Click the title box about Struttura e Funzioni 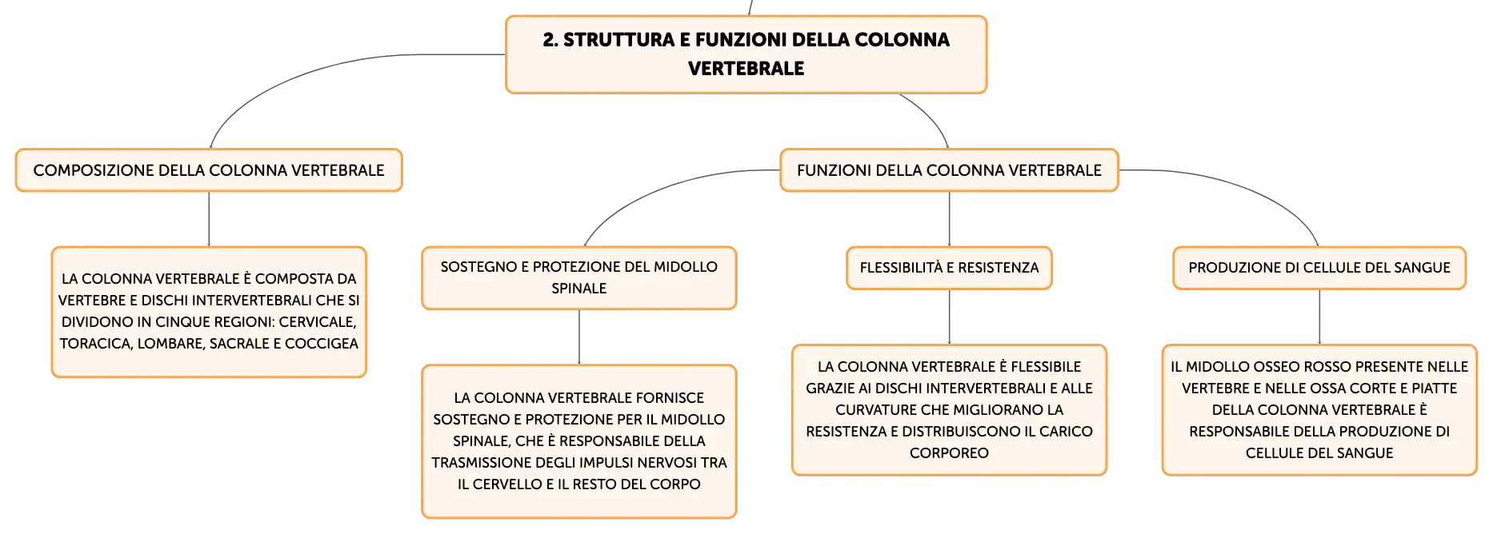(746, 54)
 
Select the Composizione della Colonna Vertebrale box (209, 170)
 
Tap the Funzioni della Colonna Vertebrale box (949, 170)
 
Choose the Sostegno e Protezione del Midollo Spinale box (578, 277)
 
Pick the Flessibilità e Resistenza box (949, 268)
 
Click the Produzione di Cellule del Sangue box (1319, 268)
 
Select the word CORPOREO (949, 453)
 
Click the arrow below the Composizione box (209, 219)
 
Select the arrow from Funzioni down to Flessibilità (949, 219)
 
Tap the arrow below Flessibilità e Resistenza (949, 317)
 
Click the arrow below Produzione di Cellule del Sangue (1319, 317)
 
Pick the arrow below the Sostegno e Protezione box (578, 337)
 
